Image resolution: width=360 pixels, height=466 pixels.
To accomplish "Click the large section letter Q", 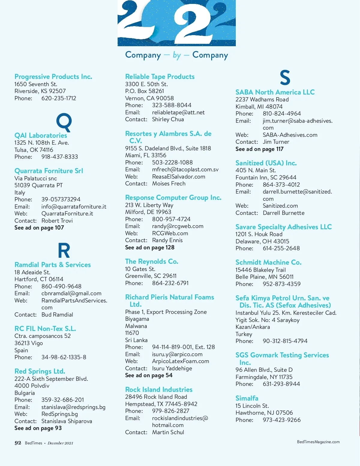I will [x=64, y=122].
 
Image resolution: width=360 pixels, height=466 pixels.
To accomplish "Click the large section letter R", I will [x=64, y=251].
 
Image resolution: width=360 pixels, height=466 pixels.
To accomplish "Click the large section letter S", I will [x=285, y=77].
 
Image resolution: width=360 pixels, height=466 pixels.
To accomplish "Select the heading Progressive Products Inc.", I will [x=53, y=77].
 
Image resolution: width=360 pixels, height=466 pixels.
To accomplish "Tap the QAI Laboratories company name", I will [x=40, y=136].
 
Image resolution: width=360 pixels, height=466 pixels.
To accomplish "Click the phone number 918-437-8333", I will [x=59, y=157].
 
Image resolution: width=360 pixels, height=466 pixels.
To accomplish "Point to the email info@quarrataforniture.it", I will [x=73, y=207].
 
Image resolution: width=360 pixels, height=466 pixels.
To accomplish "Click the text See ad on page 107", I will [x=39, y=228].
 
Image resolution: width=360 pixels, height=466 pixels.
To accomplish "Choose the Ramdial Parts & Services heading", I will [x=52, y=265].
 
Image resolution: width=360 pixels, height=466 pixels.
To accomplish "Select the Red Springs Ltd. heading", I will [x=40, y=371].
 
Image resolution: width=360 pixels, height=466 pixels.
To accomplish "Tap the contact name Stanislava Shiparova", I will [x=67, y=421].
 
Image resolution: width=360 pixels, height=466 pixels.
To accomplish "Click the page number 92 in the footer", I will [x=18, y=443].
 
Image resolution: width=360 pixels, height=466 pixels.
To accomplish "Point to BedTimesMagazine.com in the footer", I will [x=318, y=442].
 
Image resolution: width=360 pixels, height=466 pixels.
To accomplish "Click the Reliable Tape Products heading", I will [x=160, y=77].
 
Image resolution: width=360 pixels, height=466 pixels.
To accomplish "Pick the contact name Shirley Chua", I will [x=168, y=119].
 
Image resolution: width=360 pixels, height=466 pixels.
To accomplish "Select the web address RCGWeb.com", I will [x=170, y=233].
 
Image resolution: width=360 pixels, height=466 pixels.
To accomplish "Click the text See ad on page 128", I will [x=149, y=248].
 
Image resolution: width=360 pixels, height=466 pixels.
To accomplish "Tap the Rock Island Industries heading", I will [x=159, y=390].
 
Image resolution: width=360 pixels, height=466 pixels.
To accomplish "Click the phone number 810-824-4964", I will [x=282, y=114].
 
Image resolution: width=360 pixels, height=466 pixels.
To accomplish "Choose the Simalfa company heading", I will [x=247, y=398].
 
